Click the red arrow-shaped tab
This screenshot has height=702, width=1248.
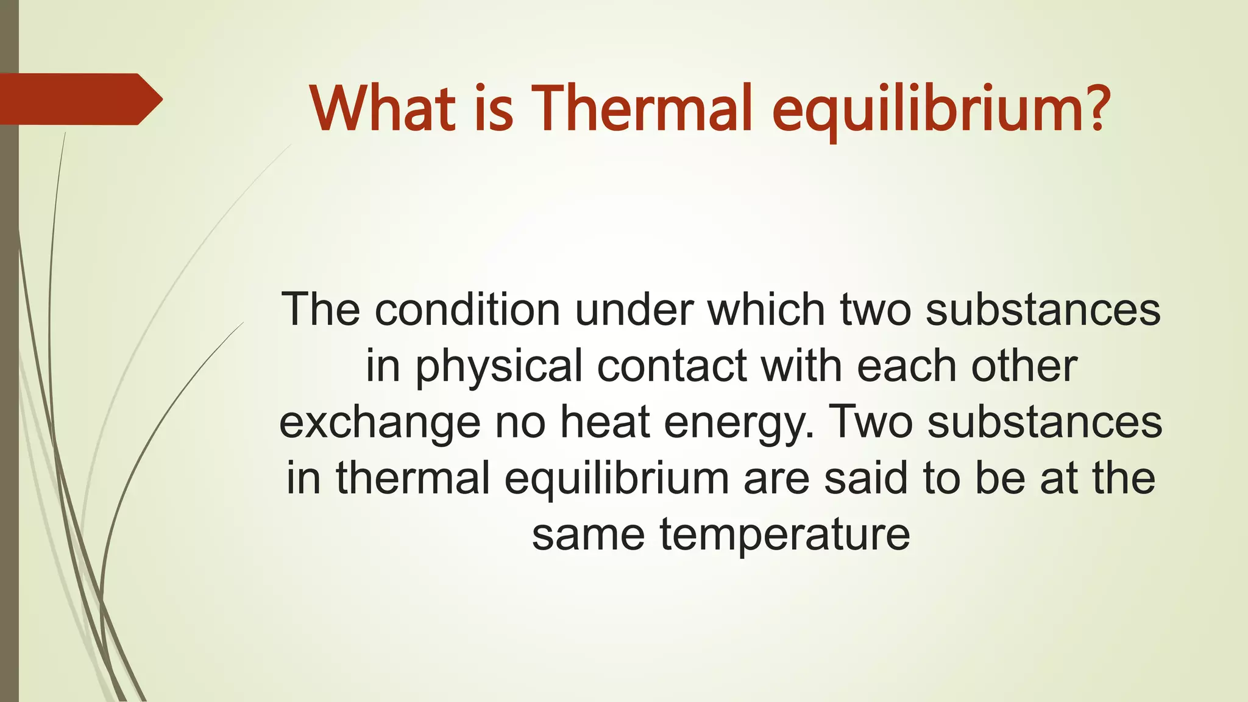click(79, 99)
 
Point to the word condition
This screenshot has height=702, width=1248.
click(467, 310)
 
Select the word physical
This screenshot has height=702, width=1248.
click(499, 367)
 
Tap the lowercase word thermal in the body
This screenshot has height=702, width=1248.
click(413, 478)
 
